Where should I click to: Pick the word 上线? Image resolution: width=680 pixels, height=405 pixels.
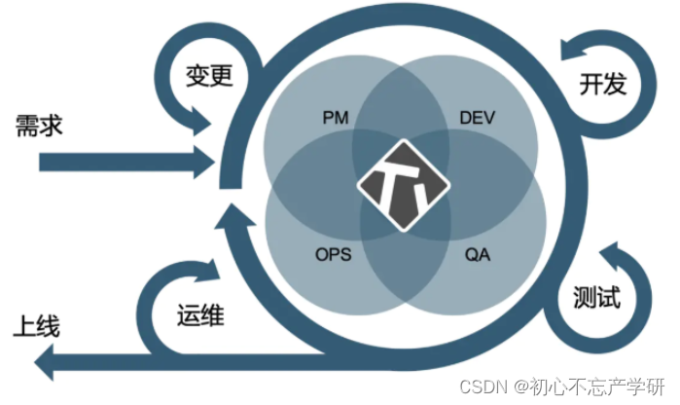(35, 325)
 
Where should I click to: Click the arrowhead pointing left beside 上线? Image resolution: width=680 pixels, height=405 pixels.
(45, 364)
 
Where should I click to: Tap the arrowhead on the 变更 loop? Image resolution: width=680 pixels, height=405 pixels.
(203, 123)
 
